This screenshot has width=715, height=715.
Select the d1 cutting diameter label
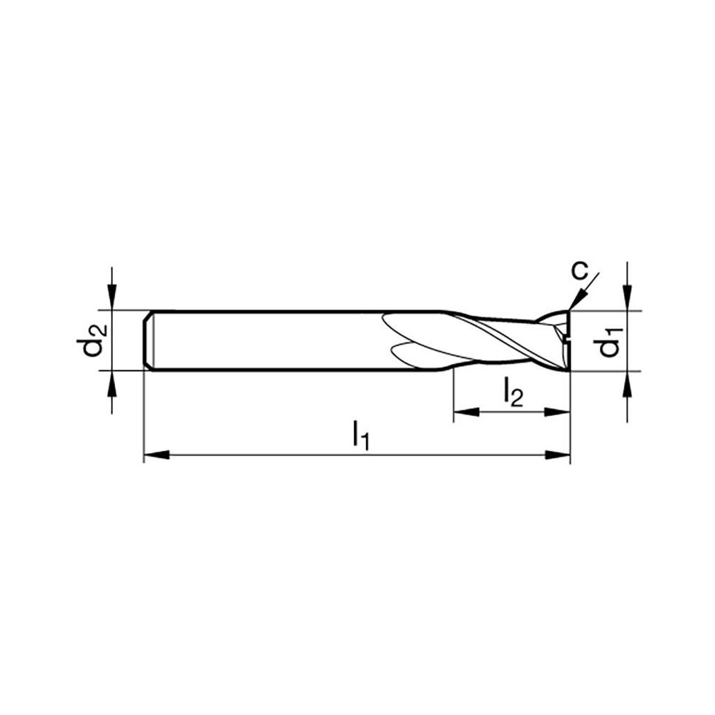click(x=610, y=342)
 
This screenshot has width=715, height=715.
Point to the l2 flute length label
click(x=513, y=392)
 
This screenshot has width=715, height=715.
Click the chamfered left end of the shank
click(x=147, y=340)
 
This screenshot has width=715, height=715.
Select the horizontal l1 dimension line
click(x=286, y=455)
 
